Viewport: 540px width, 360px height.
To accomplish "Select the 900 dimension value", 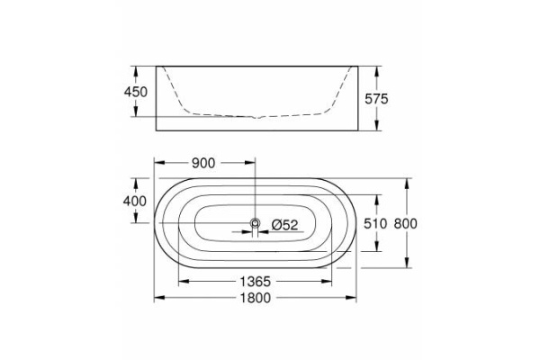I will tap(202, 163).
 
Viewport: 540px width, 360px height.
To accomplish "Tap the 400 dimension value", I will tap(135, 202).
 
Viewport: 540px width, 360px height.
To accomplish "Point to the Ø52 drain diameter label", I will tap(284, 224).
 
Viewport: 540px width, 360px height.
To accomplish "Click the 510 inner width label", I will tap(376, 223).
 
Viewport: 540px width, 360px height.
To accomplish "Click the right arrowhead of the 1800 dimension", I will tap(356, 297).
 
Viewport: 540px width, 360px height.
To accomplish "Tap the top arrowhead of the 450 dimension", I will tap(138, 68).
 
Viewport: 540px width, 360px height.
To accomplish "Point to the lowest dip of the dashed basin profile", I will tap(258, 118).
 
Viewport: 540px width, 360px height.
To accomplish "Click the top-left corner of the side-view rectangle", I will tap(157, 65).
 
